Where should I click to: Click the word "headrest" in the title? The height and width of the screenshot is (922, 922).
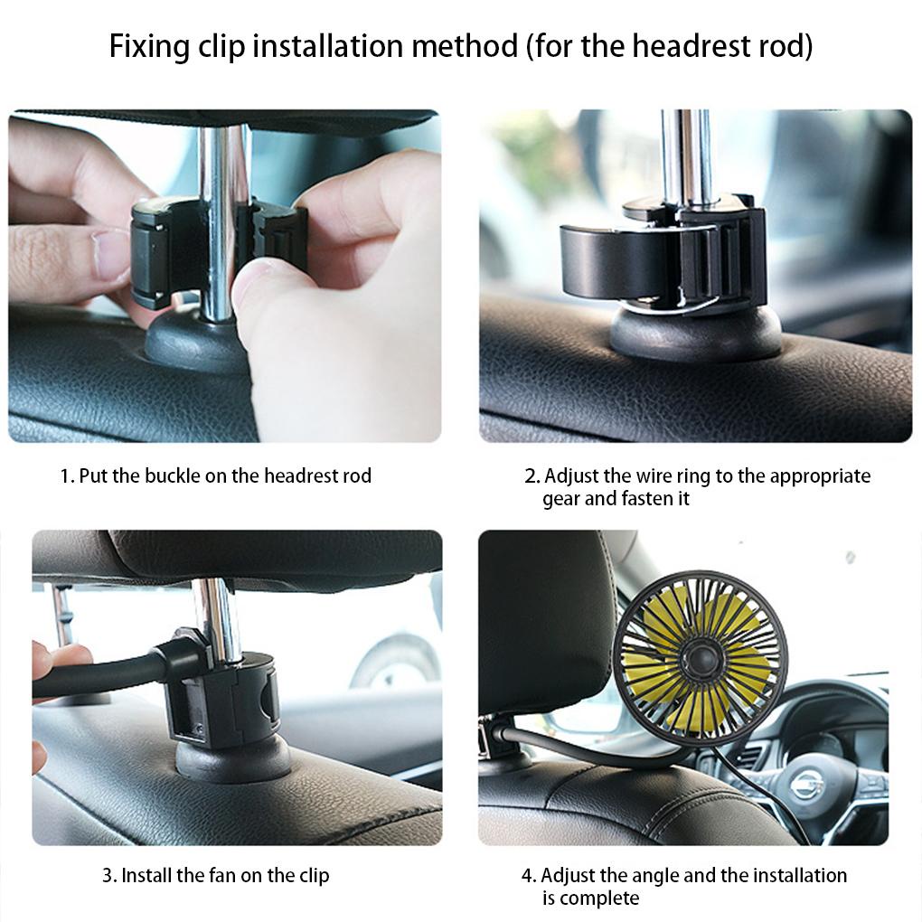(692, 45)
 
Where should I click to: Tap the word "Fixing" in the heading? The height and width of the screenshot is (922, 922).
(149, 46)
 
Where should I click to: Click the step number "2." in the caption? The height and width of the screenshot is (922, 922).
(532, 475)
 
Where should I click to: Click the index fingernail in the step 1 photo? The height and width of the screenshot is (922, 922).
(111, 255)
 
